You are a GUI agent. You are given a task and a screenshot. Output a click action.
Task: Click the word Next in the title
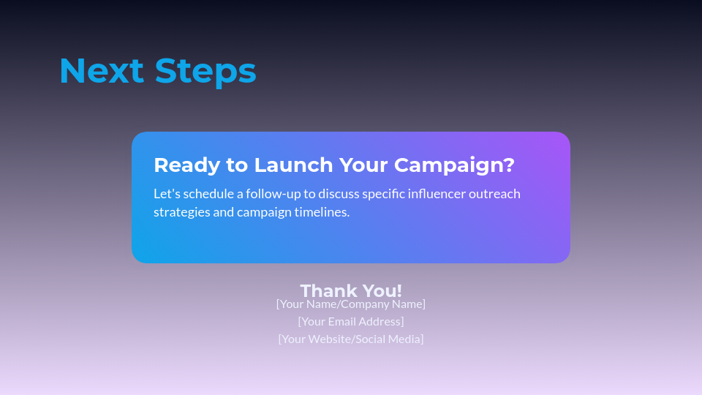102,71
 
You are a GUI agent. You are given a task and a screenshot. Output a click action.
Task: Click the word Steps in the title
205,71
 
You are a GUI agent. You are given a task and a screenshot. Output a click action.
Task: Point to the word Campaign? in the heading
454,165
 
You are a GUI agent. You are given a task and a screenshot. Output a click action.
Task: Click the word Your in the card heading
363,165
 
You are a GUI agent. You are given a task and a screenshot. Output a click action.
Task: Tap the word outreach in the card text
495,194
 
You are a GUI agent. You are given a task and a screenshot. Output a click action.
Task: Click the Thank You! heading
351,290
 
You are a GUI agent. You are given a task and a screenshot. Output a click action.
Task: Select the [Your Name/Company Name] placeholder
351,304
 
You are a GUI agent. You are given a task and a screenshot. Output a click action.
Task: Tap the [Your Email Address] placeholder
351,321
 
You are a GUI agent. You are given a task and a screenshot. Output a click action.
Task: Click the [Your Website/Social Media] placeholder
351,339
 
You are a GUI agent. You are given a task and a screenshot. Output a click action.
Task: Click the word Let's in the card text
166,194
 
